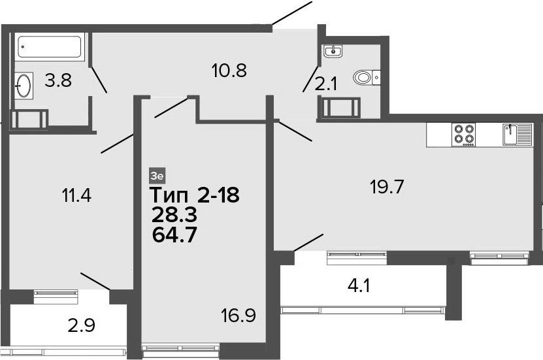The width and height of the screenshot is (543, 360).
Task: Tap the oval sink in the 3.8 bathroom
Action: [x=24, y=85]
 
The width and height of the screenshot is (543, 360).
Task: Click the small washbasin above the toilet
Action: [x=333, y=51]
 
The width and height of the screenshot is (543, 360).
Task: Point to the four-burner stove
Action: [x=463, y=135]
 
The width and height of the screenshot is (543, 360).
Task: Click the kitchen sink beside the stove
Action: [x=517, y=135]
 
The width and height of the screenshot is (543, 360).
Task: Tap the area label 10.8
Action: [x=229, y=71]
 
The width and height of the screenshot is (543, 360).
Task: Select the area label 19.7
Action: [x=387, y=188]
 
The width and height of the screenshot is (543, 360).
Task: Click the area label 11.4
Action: [x=76, y=195]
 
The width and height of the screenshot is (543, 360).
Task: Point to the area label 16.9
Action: [x=239, y=316]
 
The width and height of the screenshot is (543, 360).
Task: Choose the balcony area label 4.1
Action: [x=359, y=286]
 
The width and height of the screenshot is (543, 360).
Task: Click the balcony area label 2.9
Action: [x=82, y=326]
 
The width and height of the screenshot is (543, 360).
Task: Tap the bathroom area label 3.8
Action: [x=58, y=80]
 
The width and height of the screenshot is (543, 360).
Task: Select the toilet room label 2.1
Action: [x=325, y=84]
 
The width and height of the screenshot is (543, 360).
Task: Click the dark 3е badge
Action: [x=157, y=176]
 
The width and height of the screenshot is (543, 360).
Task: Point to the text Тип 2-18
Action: [x=194, y=195]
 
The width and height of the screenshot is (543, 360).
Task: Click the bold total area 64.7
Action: [x=174, y=235]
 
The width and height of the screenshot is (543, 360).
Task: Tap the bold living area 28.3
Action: [x=174, y=215]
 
